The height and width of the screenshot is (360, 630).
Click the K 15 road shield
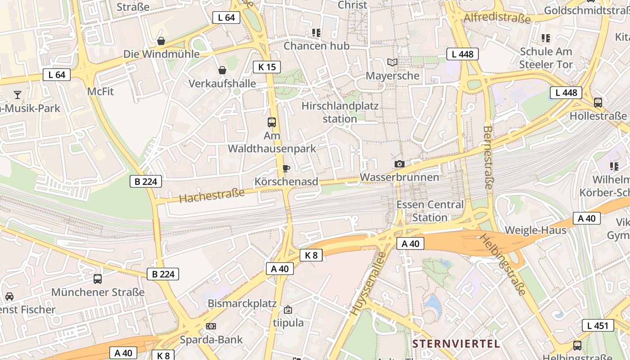point(267,67)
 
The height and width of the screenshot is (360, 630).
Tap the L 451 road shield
point(598,325)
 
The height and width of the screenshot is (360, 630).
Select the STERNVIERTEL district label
point(456,344)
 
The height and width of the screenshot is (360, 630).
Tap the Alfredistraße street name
point(497,18)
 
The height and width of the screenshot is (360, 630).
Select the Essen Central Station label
point(430,211)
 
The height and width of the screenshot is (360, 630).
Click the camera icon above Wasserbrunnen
point(399,164)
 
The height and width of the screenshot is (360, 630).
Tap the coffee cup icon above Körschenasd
point(286,169)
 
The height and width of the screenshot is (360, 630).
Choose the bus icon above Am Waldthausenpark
point(272,122)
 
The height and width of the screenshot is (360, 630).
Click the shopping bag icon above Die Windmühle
point(161,41)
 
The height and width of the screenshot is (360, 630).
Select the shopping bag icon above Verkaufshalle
point(222,70)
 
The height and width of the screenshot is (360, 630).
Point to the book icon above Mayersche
point(392,63)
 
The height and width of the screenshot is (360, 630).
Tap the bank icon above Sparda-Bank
point(211,326)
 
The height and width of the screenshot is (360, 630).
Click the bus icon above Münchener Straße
point(98,279)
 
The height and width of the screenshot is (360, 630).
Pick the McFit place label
point(100,91)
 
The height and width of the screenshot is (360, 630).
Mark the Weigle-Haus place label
point(535,230)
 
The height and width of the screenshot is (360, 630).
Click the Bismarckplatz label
point(242,303)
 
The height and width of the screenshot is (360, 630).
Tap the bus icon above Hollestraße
point(598,103)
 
